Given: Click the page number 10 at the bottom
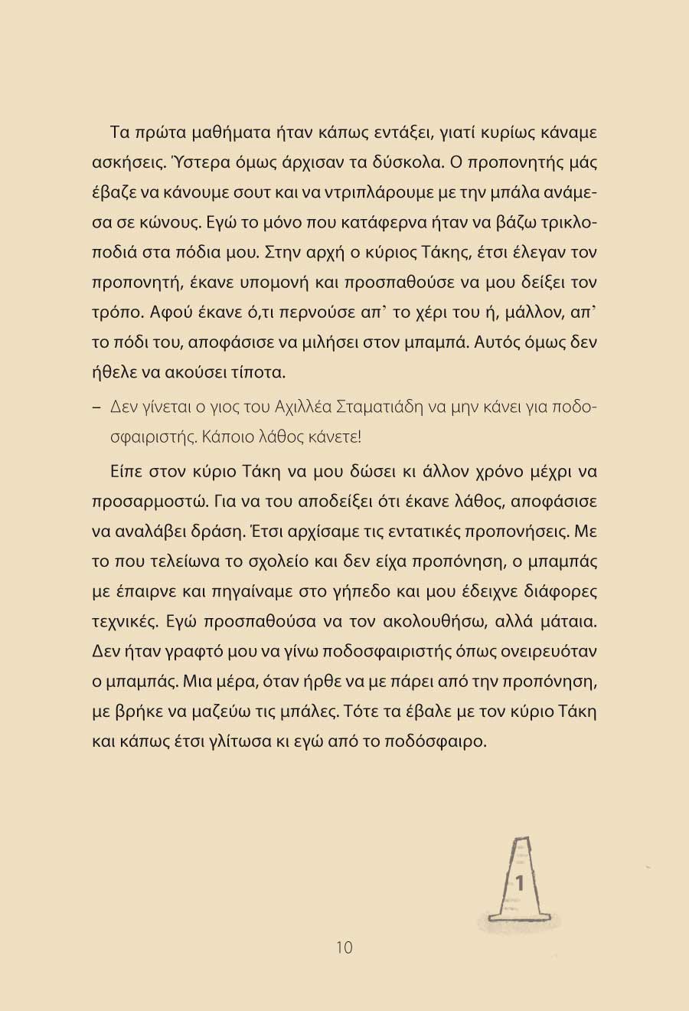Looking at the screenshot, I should pyautogui.click(x=344, y=947).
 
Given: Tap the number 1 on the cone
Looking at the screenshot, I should pyautogui.click(x=521, y=882).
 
